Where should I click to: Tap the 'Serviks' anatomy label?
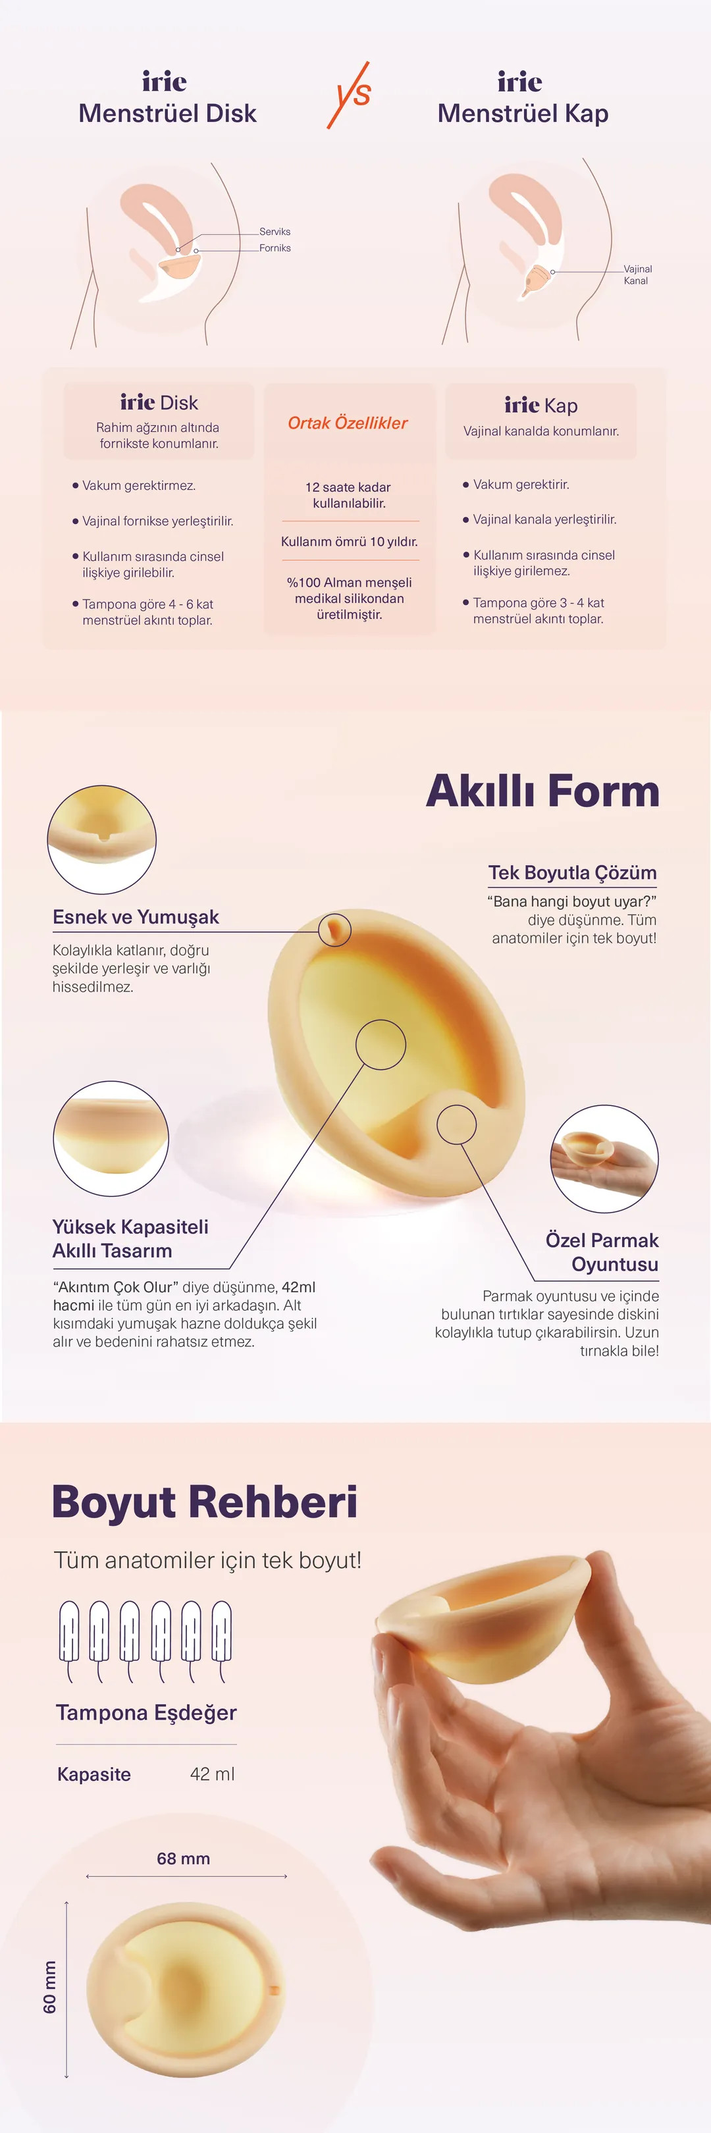275,232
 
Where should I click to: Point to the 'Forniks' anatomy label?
275,248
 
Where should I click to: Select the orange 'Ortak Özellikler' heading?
348,423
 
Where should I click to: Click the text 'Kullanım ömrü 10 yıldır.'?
350,542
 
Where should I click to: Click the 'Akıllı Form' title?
543,791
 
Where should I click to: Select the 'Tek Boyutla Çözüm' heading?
573,873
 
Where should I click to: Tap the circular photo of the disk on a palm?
604,1159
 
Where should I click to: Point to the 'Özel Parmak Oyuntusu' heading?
602,1252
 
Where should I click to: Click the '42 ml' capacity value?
213,1774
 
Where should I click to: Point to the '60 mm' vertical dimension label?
49,1988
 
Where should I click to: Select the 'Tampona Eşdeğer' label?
147,1712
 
